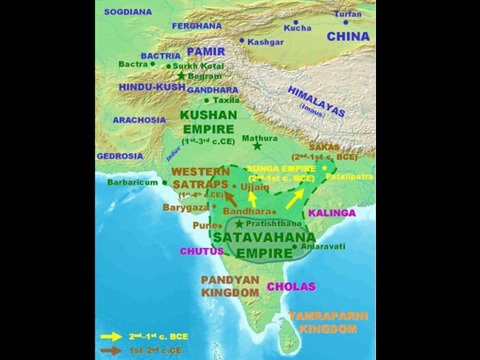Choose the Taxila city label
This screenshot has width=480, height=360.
226,101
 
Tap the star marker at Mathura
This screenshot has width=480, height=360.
256,148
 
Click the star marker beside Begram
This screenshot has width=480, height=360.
182,76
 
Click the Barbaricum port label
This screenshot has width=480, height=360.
133,182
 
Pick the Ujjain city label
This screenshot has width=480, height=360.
255,186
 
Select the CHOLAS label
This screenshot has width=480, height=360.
291,286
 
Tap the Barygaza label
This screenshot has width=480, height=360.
185,206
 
